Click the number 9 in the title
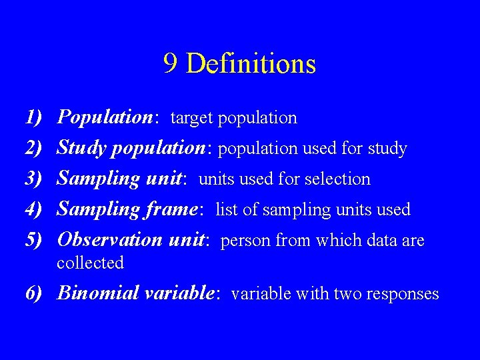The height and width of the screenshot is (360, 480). [170, 64]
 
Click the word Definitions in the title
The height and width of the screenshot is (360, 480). [251, 64]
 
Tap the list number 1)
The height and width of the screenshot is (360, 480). [33, 118]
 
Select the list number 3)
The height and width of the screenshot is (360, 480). [33, 179]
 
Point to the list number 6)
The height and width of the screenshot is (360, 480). [33, 293]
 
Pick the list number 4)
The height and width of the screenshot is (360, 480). [33, 209]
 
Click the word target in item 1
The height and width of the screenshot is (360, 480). [192, 119]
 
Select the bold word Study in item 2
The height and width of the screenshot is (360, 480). [82, 149]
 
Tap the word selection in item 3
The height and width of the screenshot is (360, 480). [339, 179]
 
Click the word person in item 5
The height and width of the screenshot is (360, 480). [243, 241]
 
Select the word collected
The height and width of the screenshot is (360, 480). [91, 263]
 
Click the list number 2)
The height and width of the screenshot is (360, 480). [33, 149]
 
